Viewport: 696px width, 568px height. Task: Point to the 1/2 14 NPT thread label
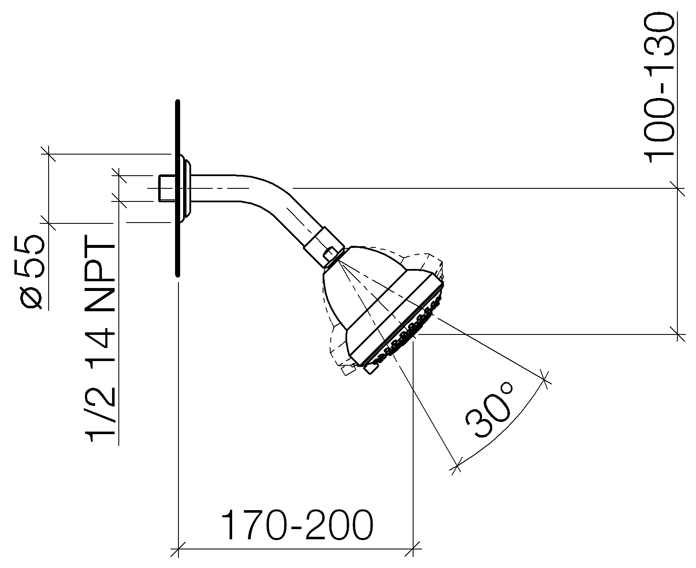tap(101, 343)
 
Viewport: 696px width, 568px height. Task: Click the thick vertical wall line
tap(178, 188)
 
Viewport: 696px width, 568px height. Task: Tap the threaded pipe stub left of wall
tap(166, 188)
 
